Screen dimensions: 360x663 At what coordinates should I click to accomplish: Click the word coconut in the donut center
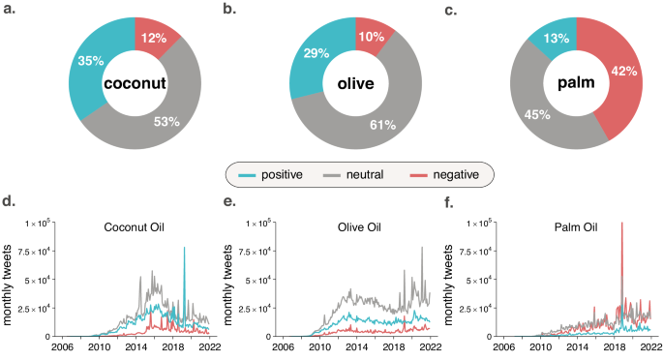[134, 84]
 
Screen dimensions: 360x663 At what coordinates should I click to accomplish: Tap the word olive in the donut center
[355, 84]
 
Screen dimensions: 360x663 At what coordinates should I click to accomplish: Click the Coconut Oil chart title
[133, 228]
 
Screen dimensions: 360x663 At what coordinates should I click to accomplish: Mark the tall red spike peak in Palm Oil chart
[621, 225]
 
